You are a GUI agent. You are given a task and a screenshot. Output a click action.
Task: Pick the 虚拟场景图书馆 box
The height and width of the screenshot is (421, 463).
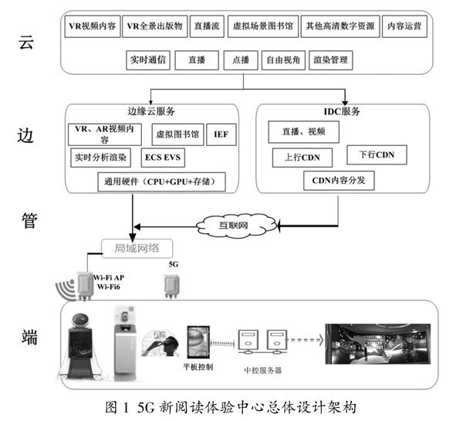(263, 26)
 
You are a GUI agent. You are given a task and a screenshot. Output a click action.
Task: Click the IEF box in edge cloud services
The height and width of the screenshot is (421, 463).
(221, 134)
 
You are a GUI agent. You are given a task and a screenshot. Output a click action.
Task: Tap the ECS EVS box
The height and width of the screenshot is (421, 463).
(165, 157)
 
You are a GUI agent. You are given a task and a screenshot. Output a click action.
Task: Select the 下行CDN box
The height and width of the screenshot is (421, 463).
(377, 155)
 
